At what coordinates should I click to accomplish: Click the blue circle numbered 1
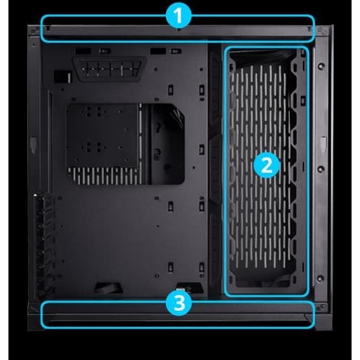[179, 16]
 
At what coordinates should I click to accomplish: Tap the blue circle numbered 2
[266, 166]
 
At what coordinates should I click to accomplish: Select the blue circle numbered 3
[179, 302]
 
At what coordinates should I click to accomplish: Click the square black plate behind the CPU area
[103, 136]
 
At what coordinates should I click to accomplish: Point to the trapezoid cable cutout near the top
[110, 69]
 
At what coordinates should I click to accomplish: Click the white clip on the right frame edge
[323, 143]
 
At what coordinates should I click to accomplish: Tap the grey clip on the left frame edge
[33, 144]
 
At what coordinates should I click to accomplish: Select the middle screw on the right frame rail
[321, 169]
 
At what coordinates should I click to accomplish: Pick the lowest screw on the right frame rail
[321, 278]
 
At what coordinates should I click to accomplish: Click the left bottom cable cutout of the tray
[108, 288]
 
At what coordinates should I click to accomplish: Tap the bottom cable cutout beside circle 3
[190, 288]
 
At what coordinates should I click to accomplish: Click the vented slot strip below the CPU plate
[104, 176]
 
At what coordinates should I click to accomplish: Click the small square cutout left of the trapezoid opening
[62, 77]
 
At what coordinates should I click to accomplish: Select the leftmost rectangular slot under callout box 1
[83, 51]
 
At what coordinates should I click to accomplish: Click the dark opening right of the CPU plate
[168, 144]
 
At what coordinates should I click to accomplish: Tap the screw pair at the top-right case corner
[322, 31]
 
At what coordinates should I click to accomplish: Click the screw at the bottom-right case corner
[321, 307]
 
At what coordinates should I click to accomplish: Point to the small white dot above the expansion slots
[34, 195]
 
